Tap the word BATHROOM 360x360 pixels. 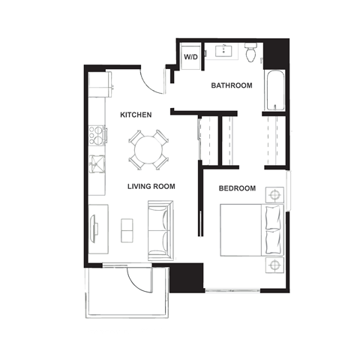(x=231, y=85)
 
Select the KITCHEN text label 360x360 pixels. (x=136, y=115)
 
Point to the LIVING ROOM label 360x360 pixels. (x=151, y=186)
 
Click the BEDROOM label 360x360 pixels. (x=237, y=187)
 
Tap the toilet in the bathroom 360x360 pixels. (x=253, y=52)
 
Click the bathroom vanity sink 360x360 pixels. (x=225, y=52)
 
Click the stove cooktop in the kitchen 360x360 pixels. (x=97, y=136)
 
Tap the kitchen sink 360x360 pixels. (x=97, y=163)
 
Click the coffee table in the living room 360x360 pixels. (x=126, y=228)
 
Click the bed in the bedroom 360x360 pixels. (x=247, y=229)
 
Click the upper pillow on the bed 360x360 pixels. (x=272, y=217)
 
